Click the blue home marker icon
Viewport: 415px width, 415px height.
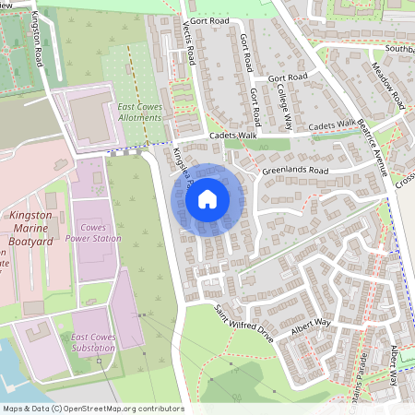[207, 197]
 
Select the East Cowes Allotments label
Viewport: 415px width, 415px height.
[141, 113]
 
